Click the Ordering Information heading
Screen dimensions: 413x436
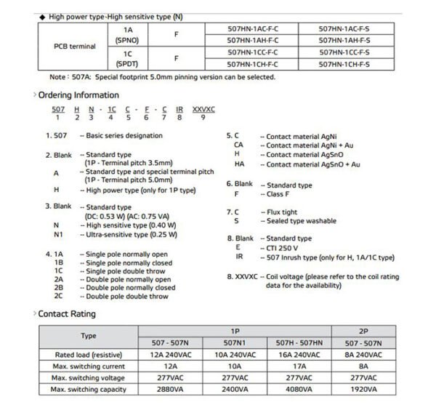tap(78, 95)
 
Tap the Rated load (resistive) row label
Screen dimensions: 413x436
tap(87, 355)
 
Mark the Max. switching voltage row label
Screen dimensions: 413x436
tap(87, 378)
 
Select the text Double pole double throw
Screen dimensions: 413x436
tap(127, 296)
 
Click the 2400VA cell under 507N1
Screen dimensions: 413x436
tap(234, 390)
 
